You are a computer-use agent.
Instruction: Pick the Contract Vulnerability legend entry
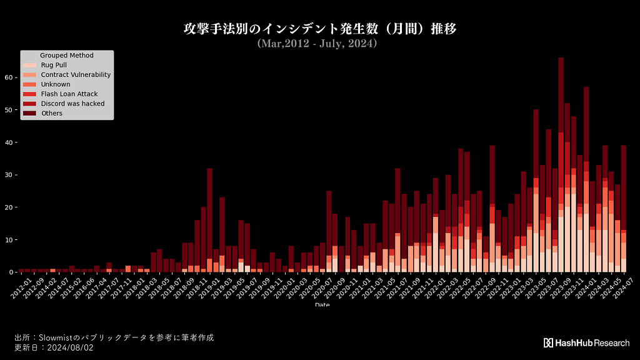[x=76, y=74]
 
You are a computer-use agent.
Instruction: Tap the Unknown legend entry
[x=55, y=84]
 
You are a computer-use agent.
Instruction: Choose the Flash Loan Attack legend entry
[x=68, y=94]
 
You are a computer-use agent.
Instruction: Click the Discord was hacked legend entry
[x=72, y=104]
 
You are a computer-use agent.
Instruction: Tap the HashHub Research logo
[x=586, y=342]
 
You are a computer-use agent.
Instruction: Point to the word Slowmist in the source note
[x=59, y=337]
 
